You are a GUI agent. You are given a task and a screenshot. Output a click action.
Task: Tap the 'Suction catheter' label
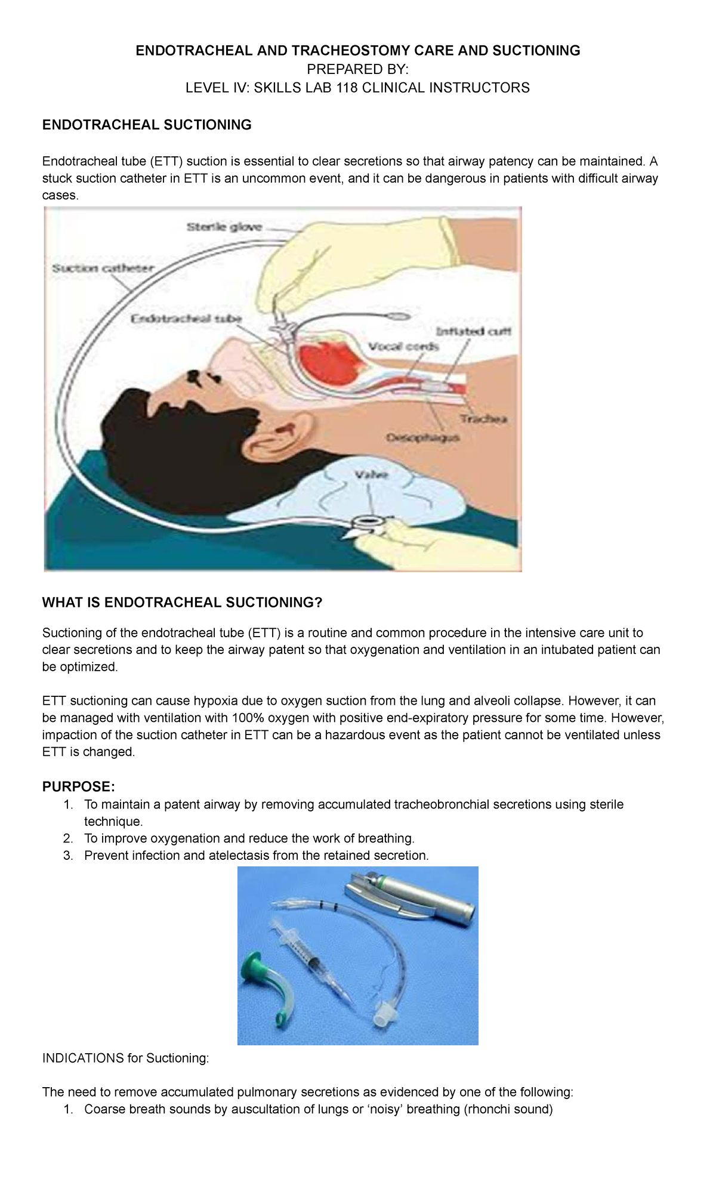tap(103, 268)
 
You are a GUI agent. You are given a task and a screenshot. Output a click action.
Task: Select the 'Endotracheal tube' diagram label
tap(186, 319)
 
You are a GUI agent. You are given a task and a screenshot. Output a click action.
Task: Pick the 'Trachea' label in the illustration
tap(483, 419)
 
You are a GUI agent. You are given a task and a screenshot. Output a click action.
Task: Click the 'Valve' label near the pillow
tap(372, 476)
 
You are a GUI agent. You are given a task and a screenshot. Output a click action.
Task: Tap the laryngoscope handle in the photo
tap(430, 900)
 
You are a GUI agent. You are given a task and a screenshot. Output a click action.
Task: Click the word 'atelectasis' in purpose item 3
tap(240, 856)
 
